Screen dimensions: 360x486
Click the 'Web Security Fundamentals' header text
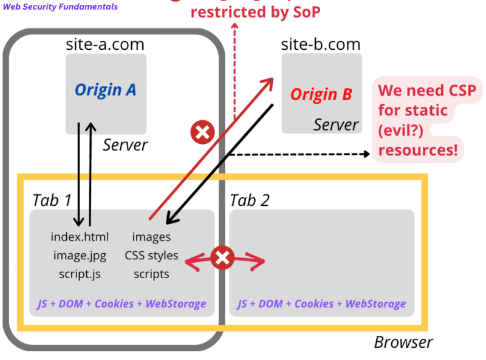[x=61, y=7]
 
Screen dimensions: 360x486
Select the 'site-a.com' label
[x=105, y=44]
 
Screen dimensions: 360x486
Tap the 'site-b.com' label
[x=321, y=44]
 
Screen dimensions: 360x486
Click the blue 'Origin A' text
[x=106, y=90]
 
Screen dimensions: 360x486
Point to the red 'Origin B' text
[x=321, y=94]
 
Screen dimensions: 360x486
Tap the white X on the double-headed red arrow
[x=222, y=258]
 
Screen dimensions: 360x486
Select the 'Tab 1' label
[x=52, y=200]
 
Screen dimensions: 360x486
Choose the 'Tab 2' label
[x=250, y=200]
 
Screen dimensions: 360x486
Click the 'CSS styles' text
[x=151, y=255]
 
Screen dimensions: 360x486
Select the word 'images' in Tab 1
[x=151, y=237]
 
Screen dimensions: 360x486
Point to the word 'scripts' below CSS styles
[x=151, y=274]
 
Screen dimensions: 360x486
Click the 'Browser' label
[x=403, y=342]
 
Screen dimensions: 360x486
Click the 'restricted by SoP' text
[x=255, y=12]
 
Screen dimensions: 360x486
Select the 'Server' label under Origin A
[x=125, y=145]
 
